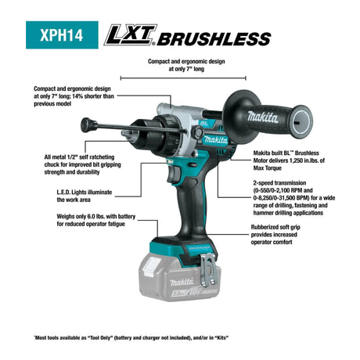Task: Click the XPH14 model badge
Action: coord(62,35)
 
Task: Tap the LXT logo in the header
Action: coord(131,35)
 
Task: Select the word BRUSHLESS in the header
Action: coord(214,39)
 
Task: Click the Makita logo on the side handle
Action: coord(262,117)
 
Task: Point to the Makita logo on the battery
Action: coord(182,282)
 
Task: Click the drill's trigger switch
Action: coord(174,175)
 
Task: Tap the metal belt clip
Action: coord(209,270)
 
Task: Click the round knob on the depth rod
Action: coord(86,125)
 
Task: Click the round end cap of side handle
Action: coord(301,121)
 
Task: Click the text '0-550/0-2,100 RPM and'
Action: coord(283,190)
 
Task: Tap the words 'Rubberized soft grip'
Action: coord(275,227)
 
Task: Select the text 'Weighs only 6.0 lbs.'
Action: coord(83,217)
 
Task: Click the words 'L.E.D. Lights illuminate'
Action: coord(85,193)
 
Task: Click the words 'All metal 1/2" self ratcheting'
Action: coord(79,157)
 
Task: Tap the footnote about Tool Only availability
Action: coord(131,338)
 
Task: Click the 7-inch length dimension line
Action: coord(183,78)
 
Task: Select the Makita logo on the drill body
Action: coord(215,140)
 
